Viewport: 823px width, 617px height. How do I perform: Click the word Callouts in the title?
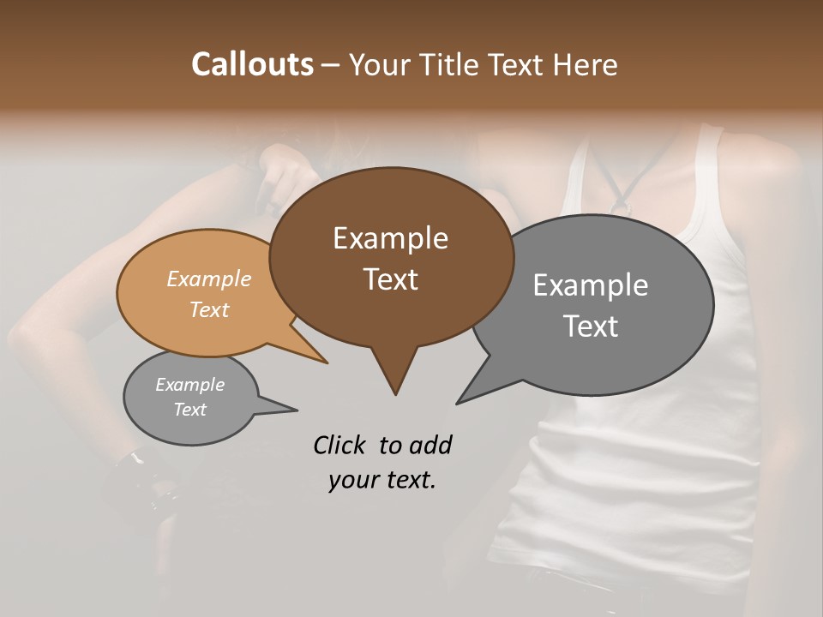(x=252, y=64)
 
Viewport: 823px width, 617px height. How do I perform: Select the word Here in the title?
(x=586, y=64)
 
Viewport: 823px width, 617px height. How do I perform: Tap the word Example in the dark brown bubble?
(x=390, y=238)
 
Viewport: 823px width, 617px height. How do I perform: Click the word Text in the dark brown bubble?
(x=390, y=279)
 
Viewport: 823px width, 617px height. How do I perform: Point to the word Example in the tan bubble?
(x=208, y=279)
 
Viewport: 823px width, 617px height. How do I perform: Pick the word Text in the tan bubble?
(x=208, y=309)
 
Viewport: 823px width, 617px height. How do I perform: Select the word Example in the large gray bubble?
(x=590, y=285)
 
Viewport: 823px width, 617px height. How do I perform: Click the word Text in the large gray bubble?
(x=590, y=326)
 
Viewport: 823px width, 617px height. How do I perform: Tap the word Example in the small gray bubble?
(x=189, y=385)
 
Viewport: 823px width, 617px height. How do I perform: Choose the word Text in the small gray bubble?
(x=189, y=410)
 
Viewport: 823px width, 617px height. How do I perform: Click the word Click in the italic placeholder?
(x=340, y=445)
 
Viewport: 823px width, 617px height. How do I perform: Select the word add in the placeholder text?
(x=430, y=445)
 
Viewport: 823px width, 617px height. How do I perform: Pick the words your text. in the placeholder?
(x=381, y=480)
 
